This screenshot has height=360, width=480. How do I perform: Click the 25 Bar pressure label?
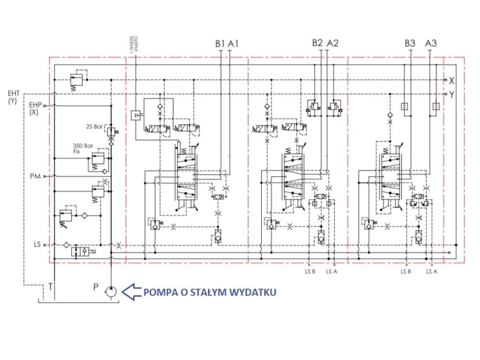coord(94,125)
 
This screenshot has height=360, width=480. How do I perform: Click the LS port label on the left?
coord(37,245)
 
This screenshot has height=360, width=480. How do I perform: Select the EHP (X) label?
coord(35,107)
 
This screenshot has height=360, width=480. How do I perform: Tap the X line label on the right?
coord(451,81)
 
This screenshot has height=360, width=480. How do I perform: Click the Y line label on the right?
coord(451,95)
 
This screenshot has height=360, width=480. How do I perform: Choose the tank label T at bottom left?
coord(50,288)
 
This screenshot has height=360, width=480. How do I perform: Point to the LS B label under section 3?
coord(406,272)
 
